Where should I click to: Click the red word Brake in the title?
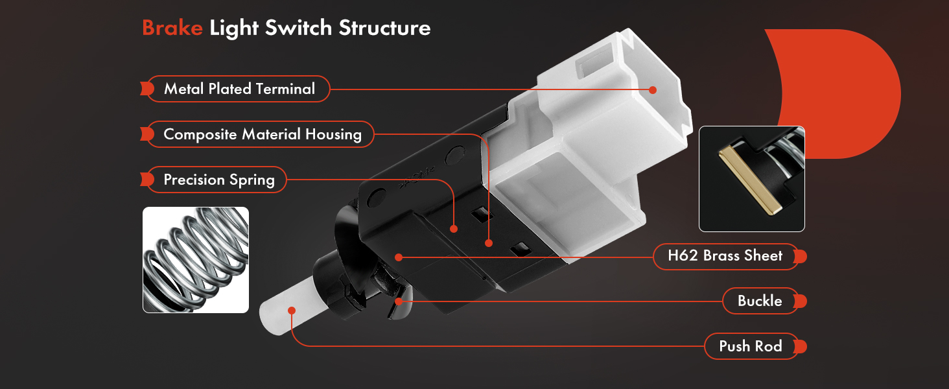tap(172, 28)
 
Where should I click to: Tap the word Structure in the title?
tap(384, 28)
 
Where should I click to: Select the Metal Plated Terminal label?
tap(239, 89)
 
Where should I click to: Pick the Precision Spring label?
tap(217, 180)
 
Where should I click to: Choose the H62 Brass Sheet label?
tap(726, 256)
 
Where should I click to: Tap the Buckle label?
tap(760, 301)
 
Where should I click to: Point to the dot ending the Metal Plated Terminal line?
tap(653, 90)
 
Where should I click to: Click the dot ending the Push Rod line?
tap(292, 311)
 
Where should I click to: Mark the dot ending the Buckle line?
tap(399, 301)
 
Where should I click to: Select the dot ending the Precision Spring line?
tap(454, 229)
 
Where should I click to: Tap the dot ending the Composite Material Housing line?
tap(489, 243)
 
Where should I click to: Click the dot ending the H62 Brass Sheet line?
tap(398, 257)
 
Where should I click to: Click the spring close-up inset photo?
tap(196, 260)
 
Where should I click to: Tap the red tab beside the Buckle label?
tap(801, 301)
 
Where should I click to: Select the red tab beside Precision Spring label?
tap(147, 180)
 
